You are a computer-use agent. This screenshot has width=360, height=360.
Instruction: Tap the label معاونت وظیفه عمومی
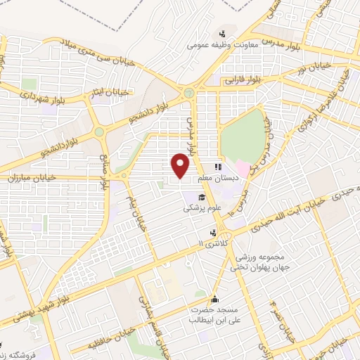213,44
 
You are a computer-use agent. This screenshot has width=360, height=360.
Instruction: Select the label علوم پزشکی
202,208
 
